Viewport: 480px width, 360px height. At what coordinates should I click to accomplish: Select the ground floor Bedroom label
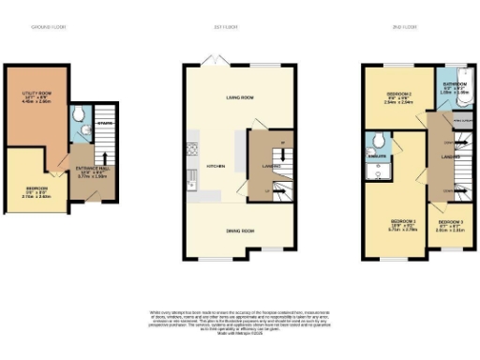click(x=36, y=191)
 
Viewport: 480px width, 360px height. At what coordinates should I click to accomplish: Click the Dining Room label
click(x=241, y=230)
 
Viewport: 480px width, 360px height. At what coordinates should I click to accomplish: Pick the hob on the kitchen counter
click(x=193, y=148)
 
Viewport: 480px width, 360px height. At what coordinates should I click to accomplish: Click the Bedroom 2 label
click(x=397, y=97)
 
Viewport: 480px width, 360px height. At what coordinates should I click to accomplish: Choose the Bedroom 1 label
click(x=401, y=224)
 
